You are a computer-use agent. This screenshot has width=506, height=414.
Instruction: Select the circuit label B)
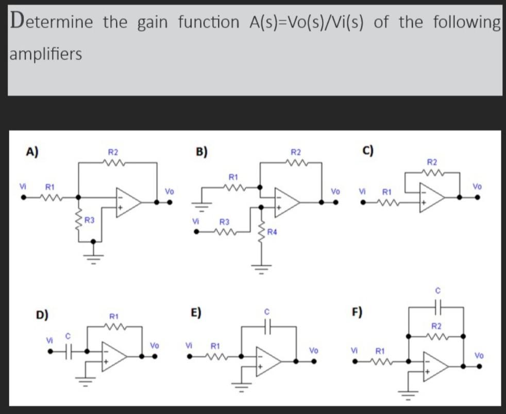pos(201,151)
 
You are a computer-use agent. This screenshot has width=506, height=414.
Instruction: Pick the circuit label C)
pos(368,151)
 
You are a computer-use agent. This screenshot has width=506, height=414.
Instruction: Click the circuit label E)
pos(196,312)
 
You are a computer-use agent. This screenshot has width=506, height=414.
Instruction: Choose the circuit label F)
pos(357,312)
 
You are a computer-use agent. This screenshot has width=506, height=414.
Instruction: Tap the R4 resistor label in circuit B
pos(272,233)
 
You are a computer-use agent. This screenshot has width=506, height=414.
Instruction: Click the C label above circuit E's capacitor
pos(267,312)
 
